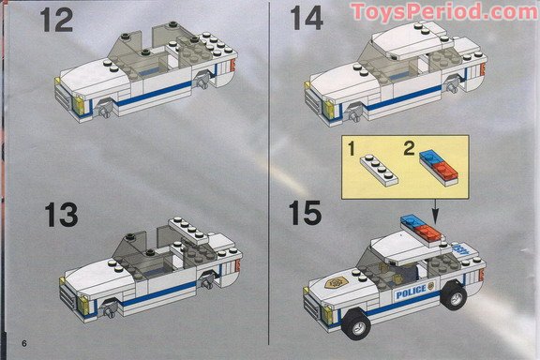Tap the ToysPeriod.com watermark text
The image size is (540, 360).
pos(444,11)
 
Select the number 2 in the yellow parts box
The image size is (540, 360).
pos(408,146)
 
